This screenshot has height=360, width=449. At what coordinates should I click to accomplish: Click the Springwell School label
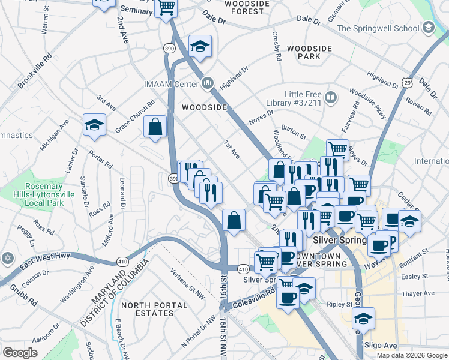pos(378,28)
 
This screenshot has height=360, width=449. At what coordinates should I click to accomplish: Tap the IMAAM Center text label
pos(170,83)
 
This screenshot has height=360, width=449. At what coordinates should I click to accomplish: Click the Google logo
pos(20,353)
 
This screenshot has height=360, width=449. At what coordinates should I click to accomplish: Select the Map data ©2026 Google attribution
pos(412,355)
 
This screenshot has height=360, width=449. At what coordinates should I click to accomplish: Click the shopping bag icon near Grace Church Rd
pos(155,127)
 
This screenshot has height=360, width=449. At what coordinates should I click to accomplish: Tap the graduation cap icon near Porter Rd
pos(94,125)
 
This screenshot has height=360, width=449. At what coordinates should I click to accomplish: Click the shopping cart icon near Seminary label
pos(166,8)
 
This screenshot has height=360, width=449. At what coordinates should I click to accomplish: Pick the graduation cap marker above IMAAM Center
pos(200,46)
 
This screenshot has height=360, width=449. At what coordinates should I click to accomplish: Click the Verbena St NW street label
pos(186,281)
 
